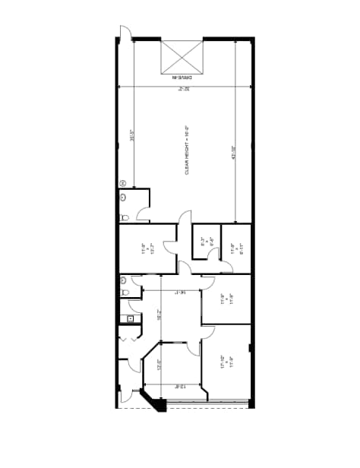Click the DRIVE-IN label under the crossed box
183,77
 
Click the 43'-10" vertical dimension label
233,152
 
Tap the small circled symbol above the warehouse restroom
123,182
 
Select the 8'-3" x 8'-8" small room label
203,244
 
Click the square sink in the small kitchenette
131,318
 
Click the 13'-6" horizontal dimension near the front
180,387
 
